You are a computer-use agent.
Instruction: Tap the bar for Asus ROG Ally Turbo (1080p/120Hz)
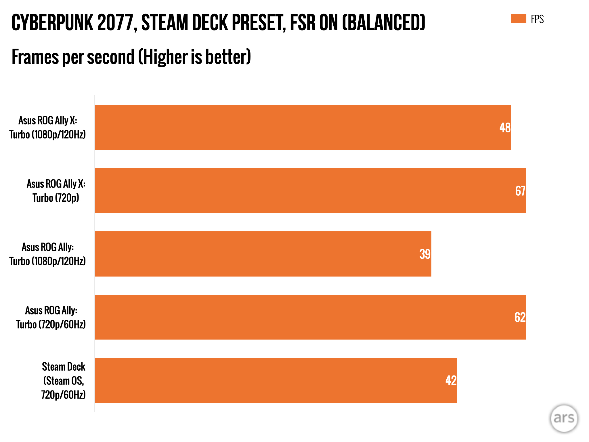259,254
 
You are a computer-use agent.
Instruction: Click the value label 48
505,128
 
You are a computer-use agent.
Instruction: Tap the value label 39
425,254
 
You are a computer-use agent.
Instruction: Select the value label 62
520,317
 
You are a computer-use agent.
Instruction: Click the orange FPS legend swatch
518,18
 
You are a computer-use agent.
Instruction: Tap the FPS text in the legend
537,19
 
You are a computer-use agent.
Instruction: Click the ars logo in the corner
564,418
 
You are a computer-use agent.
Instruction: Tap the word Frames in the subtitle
35,57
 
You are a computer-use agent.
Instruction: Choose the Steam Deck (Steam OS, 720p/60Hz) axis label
63,380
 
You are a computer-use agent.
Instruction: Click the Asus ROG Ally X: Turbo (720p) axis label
56,190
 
